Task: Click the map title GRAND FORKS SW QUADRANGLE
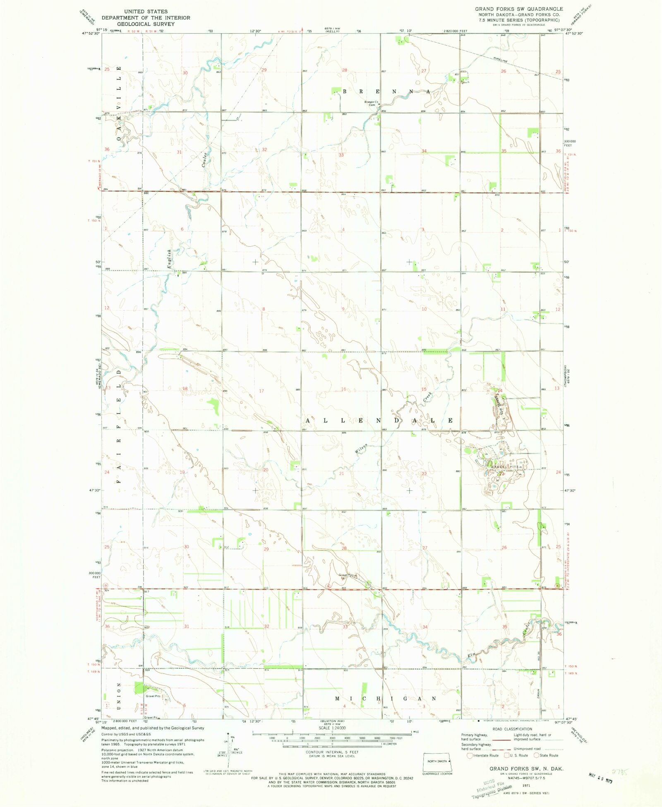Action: coord(519,9)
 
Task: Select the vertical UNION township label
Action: coord(119,696)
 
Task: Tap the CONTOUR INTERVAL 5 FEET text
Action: coord(332,752)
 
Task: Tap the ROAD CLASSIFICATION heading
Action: coord(512,729)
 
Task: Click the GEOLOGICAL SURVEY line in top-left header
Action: coord(146,24)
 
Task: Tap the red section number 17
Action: coord(261,391)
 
